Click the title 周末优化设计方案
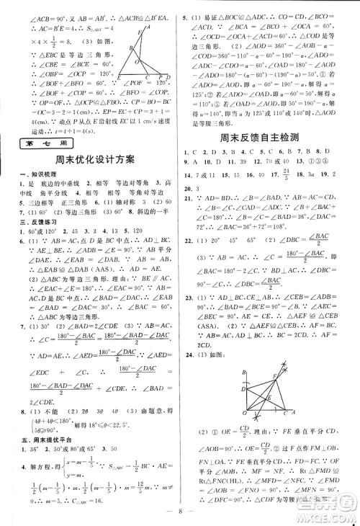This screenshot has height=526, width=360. pos(89,162)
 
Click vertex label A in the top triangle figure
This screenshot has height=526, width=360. pos(148,24)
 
